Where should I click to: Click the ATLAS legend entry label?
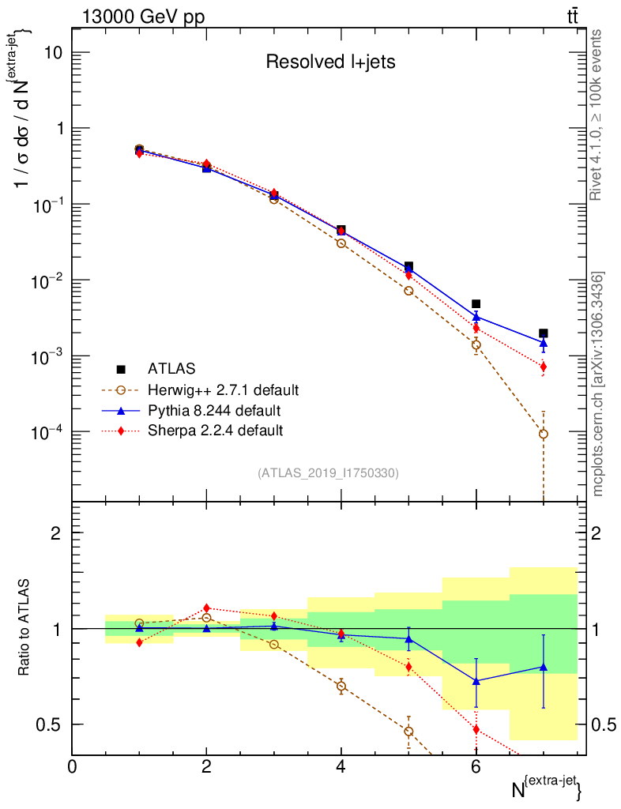coord(171,368)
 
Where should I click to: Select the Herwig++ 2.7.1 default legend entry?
coord(223,389)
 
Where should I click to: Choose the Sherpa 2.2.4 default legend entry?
coord(215,431)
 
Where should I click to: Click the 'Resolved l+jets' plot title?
coord(330,62)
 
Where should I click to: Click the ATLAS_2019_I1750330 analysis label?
coord(328,473)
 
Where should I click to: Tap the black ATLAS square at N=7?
coord(544,333)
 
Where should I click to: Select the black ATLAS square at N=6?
coord(476,303)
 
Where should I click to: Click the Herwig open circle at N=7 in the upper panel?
coord(544,434)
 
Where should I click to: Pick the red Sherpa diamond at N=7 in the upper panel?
coord(544,367)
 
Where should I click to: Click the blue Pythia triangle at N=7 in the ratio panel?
coord(544,667)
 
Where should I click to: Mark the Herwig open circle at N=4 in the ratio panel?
coord(341,687)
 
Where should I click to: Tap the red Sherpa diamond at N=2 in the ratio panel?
coord(207,608)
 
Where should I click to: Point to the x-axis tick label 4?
coord(341,766)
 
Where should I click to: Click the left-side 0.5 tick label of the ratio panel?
coord(50,724)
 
